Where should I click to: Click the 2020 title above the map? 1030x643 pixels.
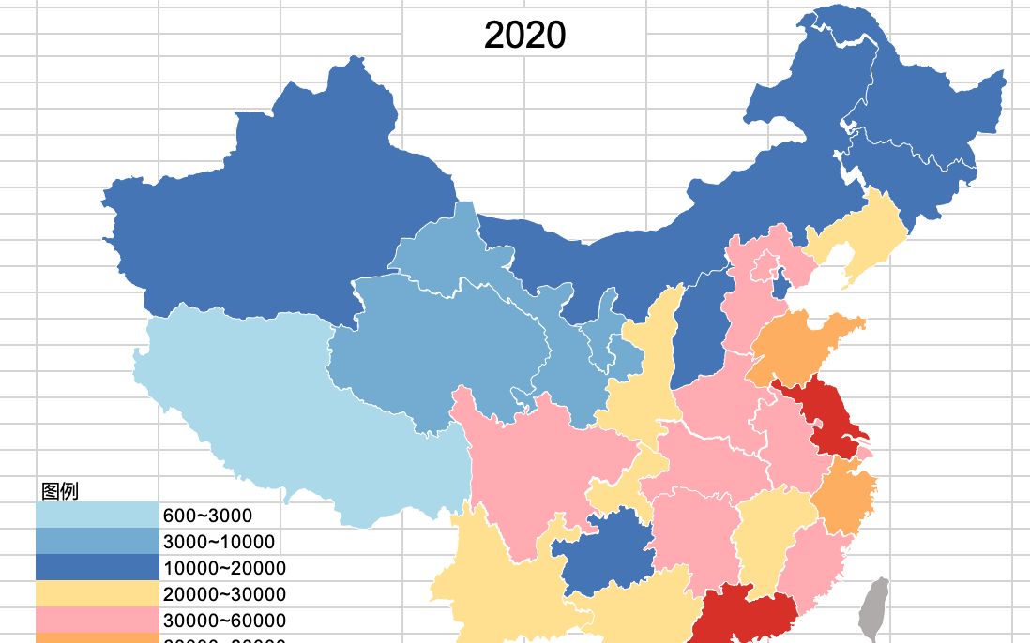click(x=524, y=36)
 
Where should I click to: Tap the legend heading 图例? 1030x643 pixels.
click(x=59, y=491)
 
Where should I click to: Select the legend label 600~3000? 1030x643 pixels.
click(x=207, y=516)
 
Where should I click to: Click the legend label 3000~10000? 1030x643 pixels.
click(x=219, y=542)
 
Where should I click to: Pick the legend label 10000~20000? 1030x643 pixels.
click(x=224, y=568)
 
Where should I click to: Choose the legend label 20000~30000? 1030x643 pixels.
click(x=224, y=594)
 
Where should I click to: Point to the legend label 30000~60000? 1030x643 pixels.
click(x=224, y=621)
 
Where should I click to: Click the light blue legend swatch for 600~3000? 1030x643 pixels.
click(x=98, y=516)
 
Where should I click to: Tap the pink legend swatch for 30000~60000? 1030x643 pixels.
click(x=98, y=621)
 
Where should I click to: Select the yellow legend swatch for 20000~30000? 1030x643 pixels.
click(x=98, y=594)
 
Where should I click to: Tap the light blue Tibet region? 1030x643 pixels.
click(x=300, y=412)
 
